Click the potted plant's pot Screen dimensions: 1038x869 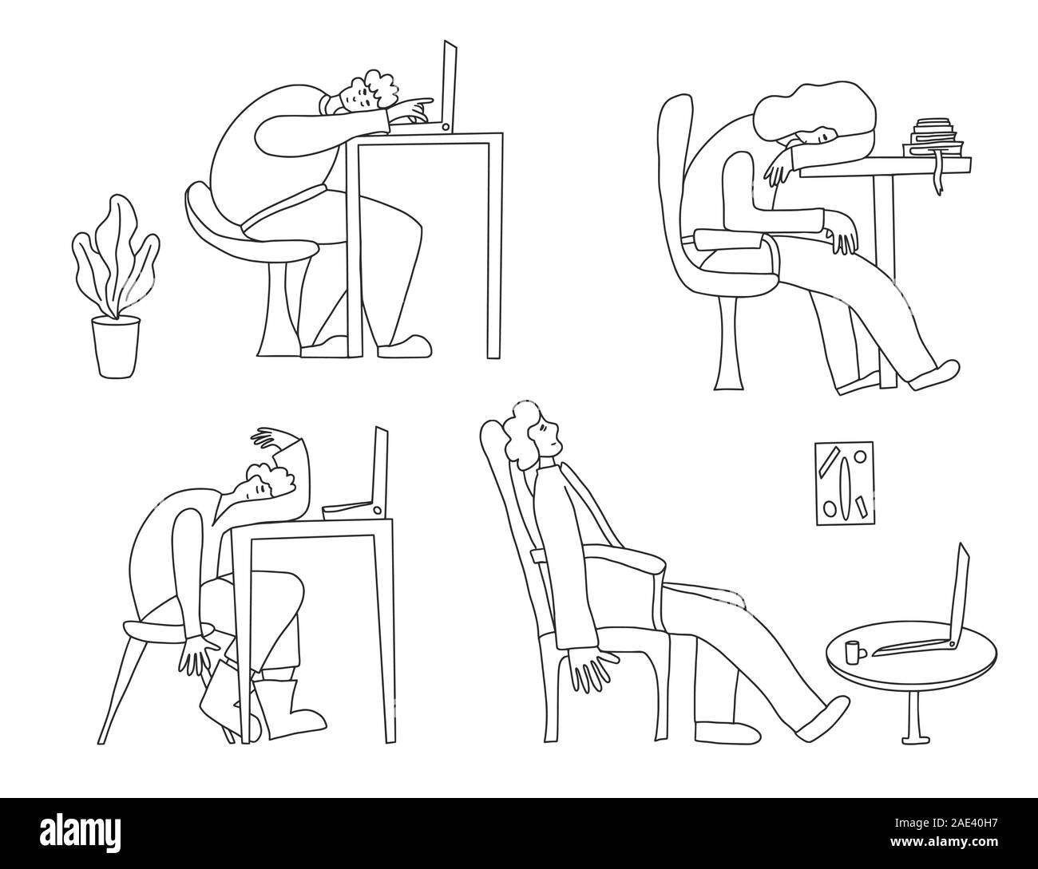point(115,347)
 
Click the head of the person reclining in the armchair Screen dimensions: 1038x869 point(532,436)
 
